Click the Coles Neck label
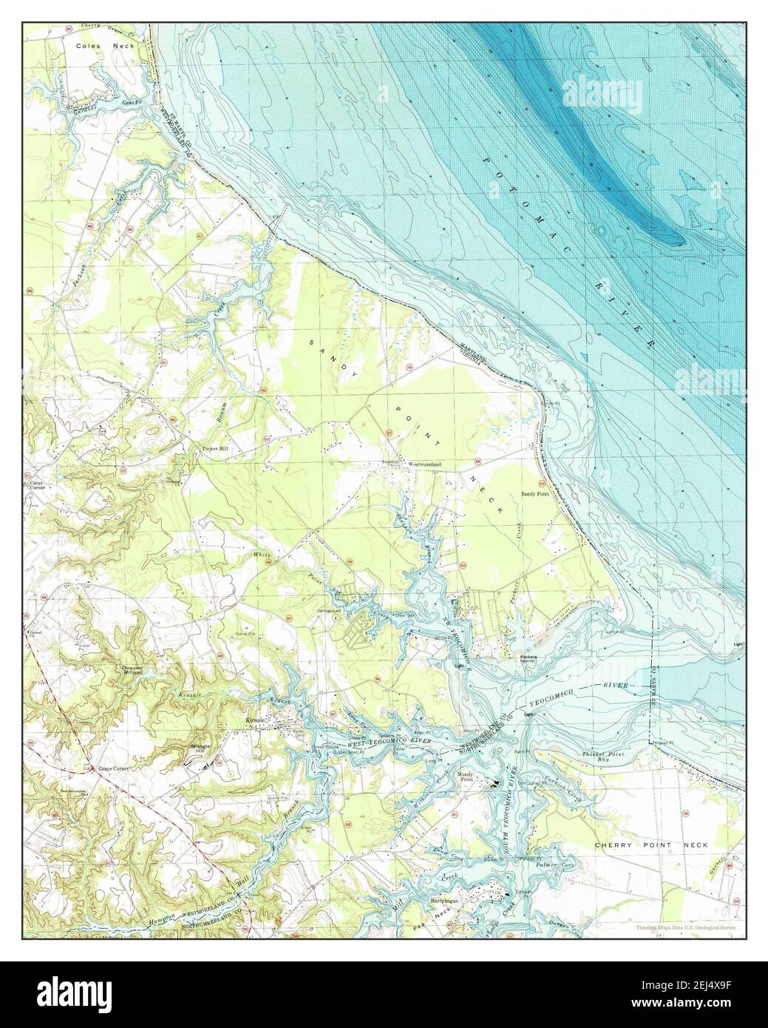pos(101,46)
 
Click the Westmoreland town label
pos(425,464)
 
